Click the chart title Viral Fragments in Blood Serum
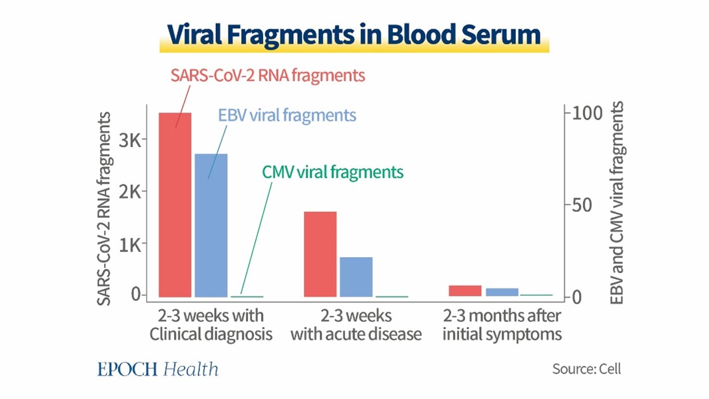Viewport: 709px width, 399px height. point(354,35)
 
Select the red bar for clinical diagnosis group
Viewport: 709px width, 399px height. point(175,204)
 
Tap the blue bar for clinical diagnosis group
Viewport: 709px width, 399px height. point(211,224)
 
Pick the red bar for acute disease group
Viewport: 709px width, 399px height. point(320,254)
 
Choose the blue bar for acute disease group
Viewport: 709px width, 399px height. point(356,276)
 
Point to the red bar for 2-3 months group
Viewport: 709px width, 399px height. point(464,290)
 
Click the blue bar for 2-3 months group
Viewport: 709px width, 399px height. point(501,292)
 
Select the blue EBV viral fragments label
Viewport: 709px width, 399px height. point(287,115)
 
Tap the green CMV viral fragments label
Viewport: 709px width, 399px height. point(333,172)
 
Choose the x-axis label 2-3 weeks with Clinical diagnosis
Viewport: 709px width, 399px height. point(211,324)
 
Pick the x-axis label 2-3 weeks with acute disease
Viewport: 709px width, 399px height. point(356,324)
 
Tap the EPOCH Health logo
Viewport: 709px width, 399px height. point(157,369)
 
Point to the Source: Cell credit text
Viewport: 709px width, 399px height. point(586,368)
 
